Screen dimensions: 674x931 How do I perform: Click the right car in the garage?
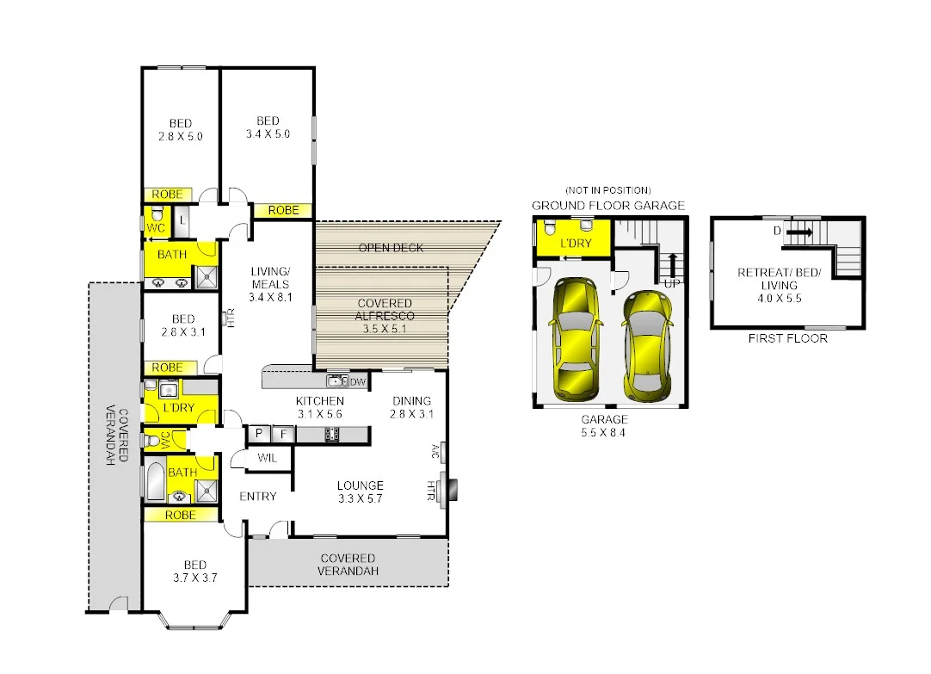coord(647,346)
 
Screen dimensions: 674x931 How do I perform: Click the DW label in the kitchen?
coord(358,381)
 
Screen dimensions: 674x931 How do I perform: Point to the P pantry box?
coord(258,435)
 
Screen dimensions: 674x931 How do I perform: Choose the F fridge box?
coord(282,435)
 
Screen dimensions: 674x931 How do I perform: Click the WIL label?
coord(268,459)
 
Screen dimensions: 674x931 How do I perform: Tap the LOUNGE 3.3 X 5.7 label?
coord(360,492)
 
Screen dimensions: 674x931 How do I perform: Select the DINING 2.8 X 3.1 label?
coord(412,407)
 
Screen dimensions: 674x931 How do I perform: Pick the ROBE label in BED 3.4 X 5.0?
coord(283,210)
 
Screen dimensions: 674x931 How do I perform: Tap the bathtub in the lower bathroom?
coord(156,482)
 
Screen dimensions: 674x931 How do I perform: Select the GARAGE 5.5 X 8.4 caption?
coord(604,426)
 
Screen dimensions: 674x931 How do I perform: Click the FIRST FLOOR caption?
coord(788,338)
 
